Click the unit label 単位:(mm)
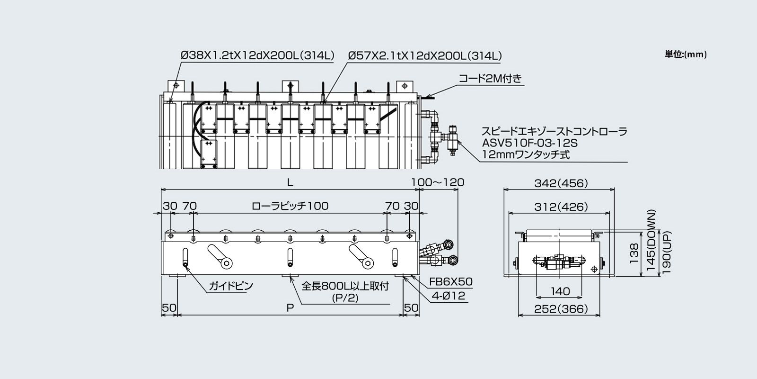pyautogui.click(x=686, y=54)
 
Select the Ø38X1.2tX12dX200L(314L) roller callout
pyautogui.click(x=257, y=55)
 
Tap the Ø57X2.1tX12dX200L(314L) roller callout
pyautogui.click(x=425, y=55)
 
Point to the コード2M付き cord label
pyautogui.click(x=490, y=78)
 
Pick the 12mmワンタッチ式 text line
pyautogui.click(x=526, y=154)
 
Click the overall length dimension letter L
pyautogui.click(x=290, y=182)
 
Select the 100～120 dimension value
pyautogui.click(x=438, y=182)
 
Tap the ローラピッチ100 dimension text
pyautogui.click(x=290, y=206)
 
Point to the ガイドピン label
pyautogui.click(x=231, y=286)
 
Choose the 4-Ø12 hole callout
pyautogui.click(x=447, y=296)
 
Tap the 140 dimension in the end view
pyautogui.click(x=561, y=291)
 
